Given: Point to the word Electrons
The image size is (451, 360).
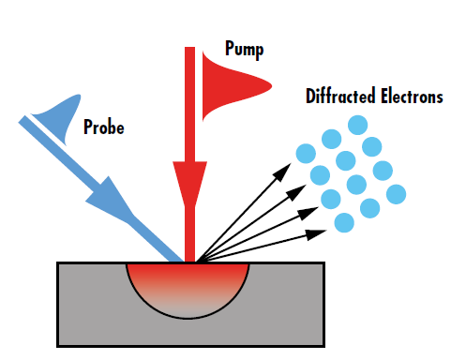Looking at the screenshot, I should pos(410,97).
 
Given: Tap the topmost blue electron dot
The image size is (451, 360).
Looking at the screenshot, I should pos(356,125).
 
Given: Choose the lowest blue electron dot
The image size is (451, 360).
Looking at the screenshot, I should pos(344,223).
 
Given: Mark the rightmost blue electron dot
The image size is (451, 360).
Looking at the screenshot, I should pos(397,194).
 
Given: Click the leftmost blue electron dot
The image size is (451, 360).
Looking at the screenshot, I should pos(304,153).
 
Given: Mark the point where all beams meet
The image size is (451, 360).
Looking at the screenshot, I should pos(190,262).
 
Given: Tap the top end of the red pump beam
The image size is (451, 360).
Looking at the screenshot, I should pos(189,50).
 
